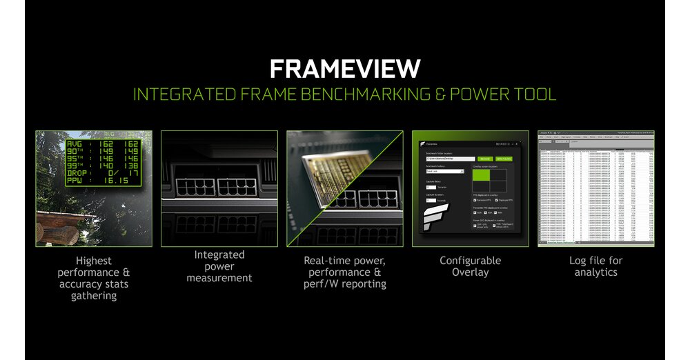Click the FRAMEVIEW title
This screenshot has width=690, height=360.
pyautogui.click(x=344, y=69)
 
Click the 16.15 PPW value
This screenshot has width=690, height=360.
pyautogui.click(x=117, y=180)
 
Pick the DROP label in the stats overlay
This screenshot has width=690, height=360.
pyautogui.click(x=78, y=172)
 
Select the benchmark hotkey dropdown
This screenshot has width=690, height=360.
pyautogui.click(x=445, y=171)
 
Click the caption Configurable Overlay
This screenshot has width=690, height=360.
pyautogui.click(x=470, y=266)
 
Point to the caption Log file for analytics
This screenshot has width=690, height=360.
pyautogui.click(x=595, y=266)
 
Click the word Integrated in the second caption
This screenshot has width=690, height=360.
pyautogui.click(x=219, y=255)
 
